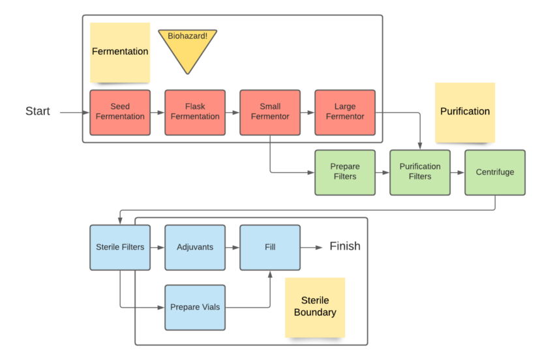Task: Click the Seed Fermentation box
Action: (120, 112)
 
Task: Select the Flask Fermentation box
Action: (195, 112)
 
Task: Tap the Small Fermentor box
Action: (270, 112)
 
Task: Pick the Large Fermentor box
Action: (345, 112)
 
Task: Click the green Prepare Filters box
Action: (345, 172)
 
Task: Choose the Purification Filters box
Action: (420, 172)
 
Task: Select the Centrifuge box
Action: (495, 172)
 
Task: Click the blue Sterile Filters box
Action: (120, 247)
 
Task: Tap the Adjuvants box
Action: (195, 247)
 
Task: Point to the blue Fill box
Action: (270, 247)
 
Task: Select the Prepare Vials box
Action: (195, 307)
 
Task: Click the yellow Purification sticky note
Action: (465, 112)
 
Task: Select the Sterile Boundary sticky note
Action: (315, 307)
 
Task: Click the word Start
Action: (38, 112)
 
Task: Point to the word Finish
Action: (345, 247)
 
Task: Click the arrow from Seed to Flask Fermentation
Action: (157, 112)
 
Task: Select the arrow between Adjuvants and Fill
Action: (232, 247)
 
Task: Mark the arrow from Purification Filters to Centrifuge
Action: (457, 172)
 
